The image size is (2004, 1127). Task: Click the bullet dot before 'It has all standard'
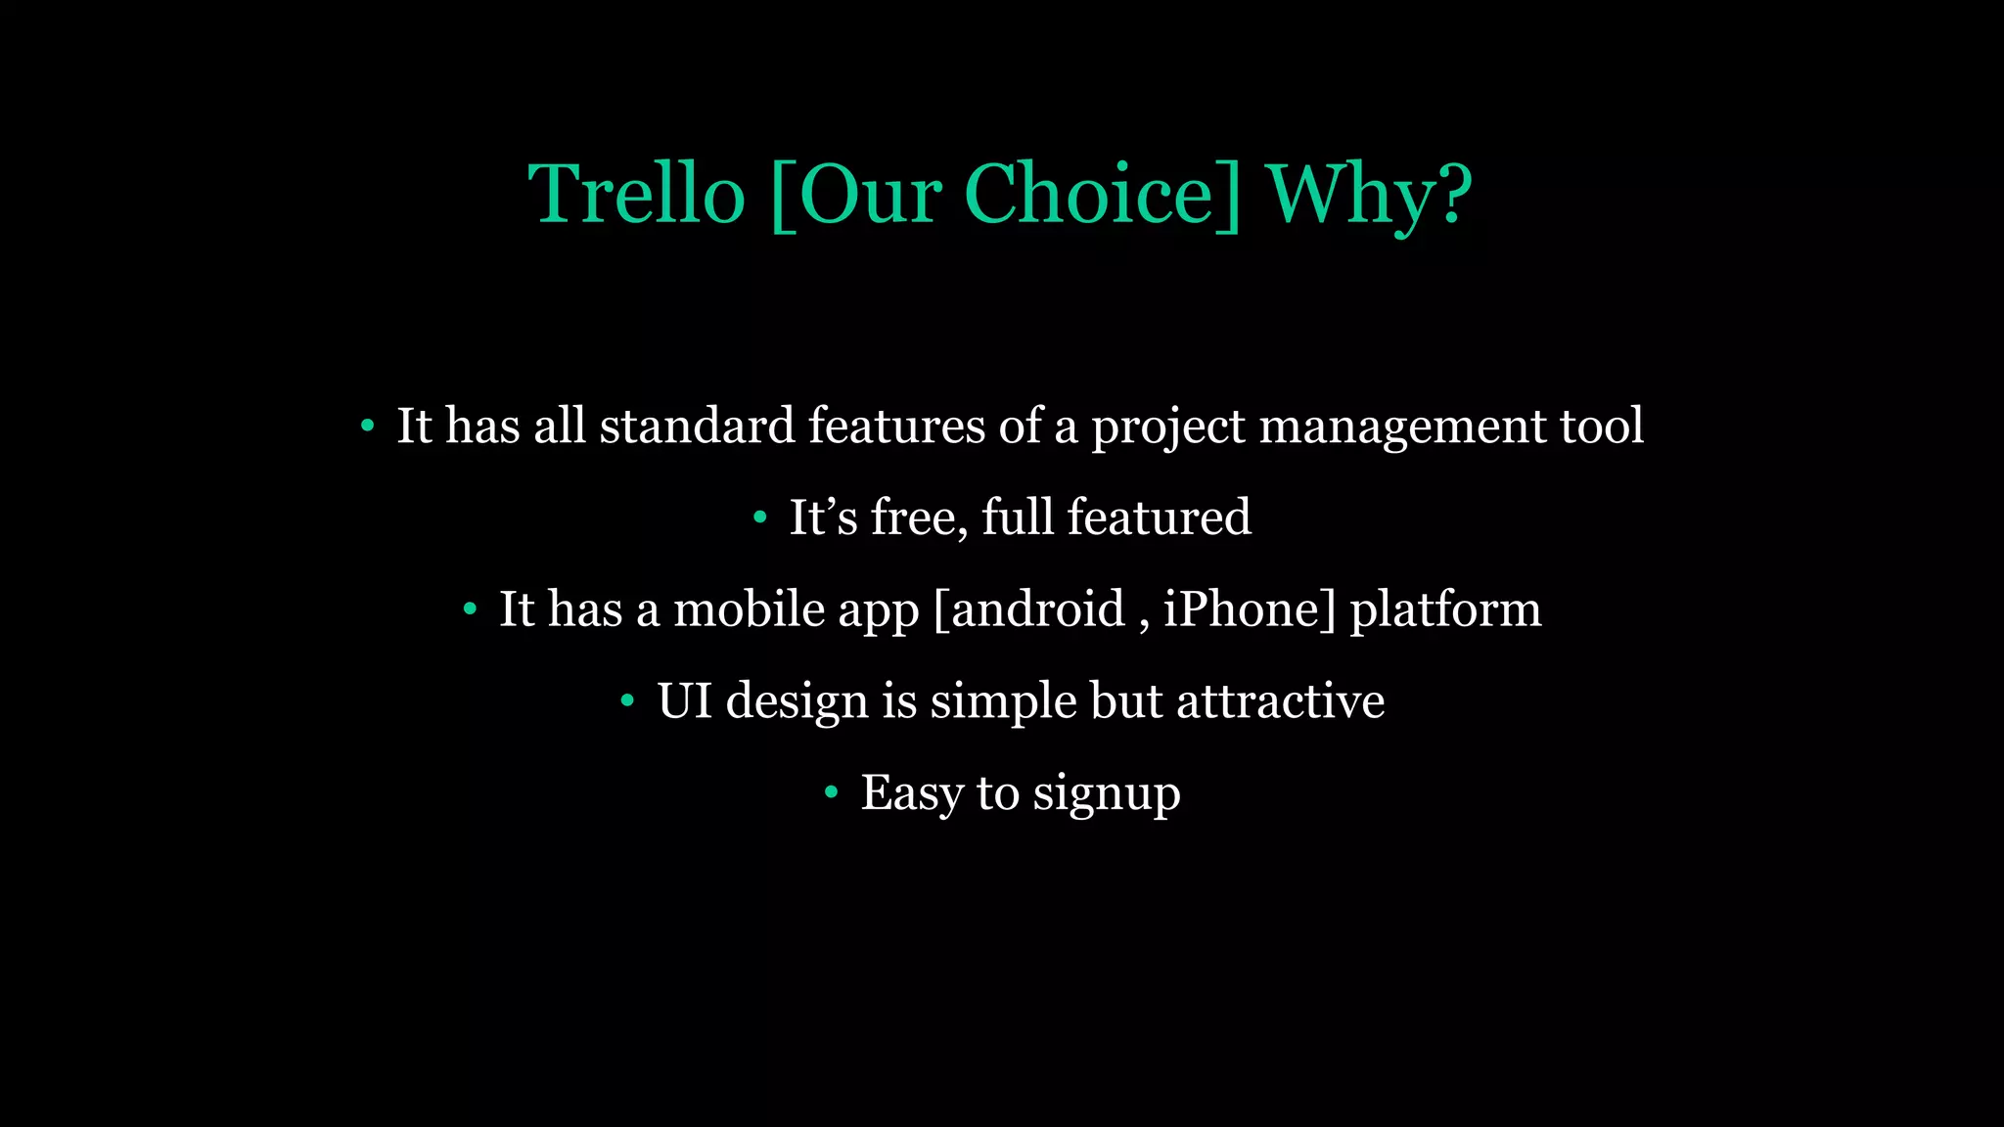pyautogui.click(x=368, y=426)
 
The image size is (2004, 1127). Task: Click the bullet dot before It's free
pyautogui.click(x=760, y=518)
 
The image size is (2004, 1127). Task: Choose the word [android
pyautogui.click(x=1029, y=609)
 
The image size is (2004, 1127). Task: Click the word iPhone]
pyautogui.click(x=1250, y=609)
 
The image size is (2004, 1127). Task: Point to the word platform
pyautogui.click(x=1445, y=609)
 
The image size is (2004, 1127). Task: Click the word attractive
pyautogui.click(x=1280, y=700)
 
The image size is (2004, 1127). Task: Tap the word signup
pyautogui.click(x=1107, y=793)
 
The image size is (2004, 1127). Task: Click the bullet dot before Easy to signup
pyautogui.click(x=832, y=792)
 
